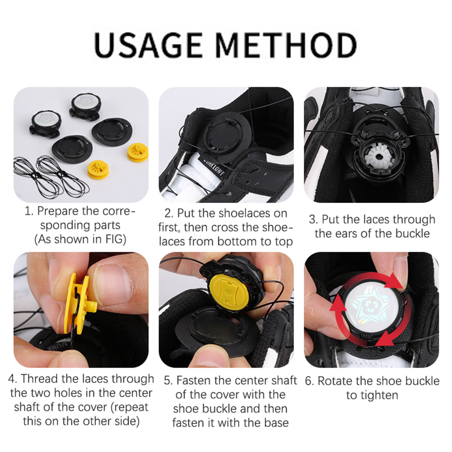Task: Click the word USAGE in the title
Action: [149, 45]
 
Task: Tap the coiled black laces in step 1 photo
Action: [51, 177]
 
